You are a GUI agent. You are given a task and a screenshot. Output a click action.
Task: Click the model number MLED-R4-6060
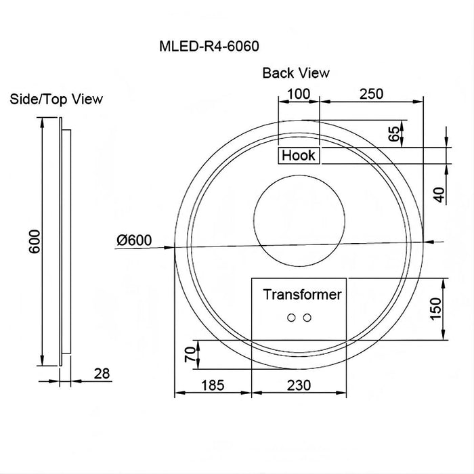point(209,47)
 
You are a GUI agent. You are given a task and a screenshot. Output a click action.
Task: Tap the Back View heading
point(296,72)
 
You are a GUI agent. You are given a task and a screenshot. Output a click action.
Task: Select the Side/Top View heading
point(57,99)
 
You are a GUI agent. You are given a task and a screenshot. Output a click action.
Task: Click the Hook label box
point(299,155)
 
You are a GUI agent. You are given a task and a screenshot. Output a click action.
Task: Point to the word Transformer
point(302,295)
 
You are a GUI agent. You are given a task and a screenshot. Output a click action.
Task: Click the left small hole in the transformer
point(293,318)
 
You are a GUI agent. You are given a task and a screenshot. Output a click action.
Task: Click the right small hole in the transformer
point(307,318)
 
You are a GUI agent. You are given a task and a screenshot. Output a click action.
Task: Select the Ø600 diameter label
point(134,240)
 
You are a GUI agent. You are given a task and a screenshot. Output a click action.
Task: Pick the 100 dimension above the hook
point(298,93)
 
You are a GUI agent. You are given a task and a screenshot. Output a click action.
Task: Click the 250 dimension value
point(371,93)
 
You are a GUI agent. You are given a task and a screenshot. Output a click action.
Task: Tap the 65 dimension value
point(393,132)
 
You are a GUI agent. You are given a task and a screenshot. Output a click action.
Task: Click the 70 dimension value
point(190,353)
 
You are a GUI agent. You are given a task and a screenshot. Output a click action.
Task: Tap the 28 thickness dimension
point(102,373)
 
